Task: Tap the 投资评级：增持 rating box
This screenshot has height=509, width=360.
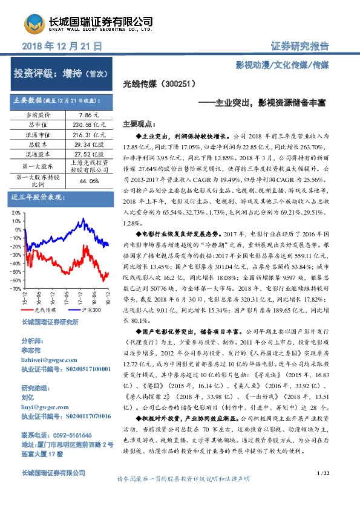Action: tap(60, 74)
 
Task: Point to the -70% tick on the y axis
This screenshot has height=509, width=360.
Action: tap(15, 289)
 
